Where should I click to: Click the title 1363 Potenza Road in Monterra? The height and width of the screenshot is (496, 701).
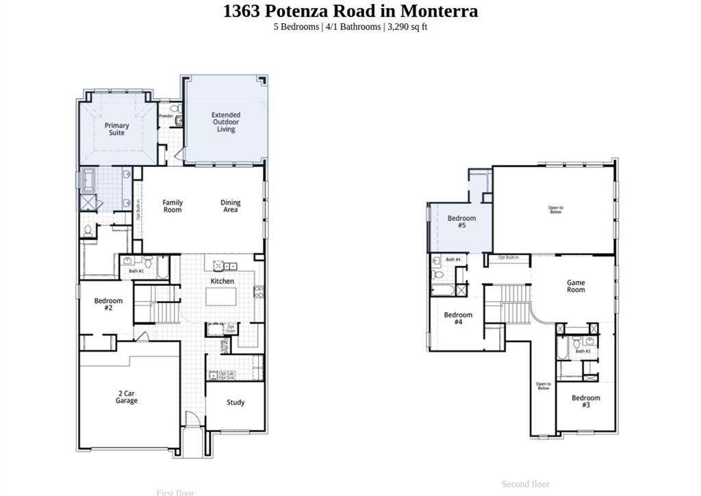coord(350,11)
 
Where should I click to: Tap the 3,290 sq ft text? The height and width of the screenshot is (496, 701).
coord(408,27)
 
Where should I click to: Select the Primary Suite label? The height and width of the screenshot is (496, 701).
coord(116,129)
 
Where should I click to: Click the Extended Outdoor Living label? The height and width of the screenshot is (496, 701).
coord(226,122)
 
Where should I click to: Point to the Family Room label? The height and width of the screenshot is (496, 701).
coord(173,206)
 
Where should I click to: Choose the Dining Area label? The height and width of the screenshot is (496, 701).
coord(231,206)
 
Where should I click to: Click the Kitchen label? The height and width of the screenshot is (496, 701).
coord(222,281)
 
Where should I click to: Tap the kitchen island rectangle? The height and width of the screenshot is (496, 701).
coord(222,297)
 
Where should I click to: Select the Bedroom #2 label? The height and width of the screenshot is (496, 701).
coord(108,304)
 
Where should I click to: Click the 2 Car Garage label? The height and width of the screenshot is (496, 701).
coord(126,397)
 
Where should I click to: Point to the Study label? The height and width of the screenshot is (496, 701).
coord(235,402)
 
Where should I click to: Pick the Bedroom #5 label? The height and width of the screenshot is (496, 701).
coord(461,222)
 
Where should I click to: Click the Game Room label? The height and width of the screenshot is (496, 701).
coord(576,286)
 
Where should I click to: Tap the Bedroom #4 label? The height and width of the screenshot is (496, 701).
coord(458,318)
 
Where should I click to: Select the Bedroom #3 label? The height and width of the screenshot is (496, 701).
coord(586,401)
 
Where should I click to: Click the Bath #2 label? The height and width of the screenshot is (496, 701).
coord(136,272)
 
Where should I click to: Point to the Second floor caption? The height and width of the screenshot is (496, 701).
coord(526,484)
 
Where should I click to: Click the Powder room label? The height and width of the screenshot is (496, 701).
coord(166,116)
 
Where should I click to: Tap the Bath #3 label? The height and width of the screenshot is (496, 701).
coord(583,352)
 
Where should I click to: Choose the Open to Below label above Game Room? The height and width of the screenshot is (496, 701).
coord(556,209)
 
